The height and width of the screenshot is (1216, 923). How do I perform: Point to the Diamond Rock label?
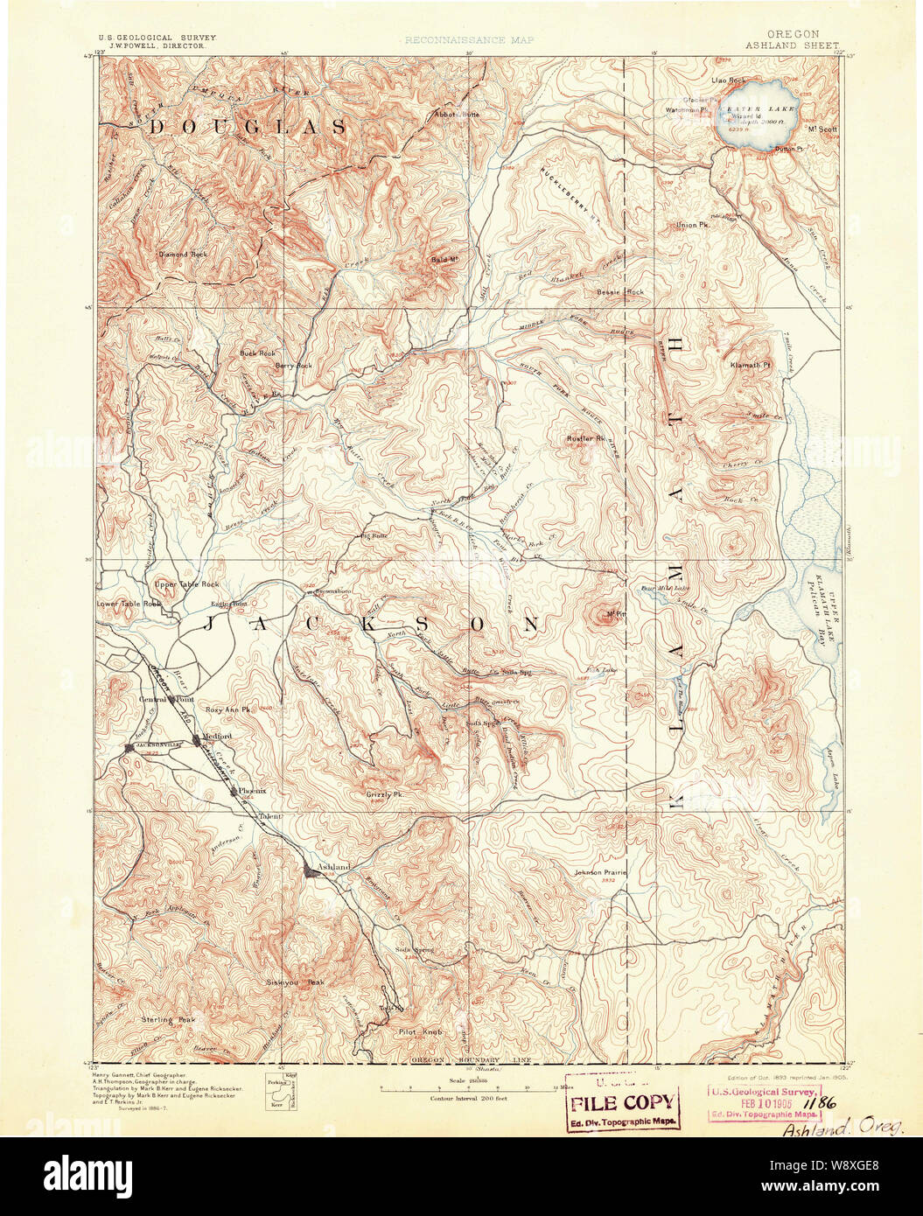(183, 255)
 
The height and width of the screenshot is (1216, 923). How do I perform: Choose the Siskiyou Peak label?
(295, 982)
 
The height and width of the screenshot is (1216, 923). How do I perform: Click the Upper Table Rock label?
(186, 584)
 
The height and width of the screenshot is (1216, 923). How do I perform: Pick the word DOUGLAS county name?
(248, 128)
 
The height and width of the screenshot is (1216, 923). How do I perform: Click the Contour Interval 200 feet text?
(470, 1097)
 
